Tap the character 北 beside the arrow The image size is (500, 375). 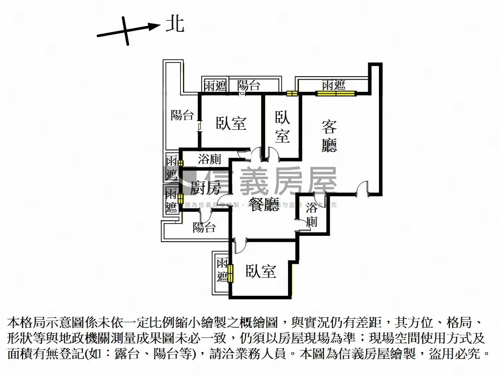click(x=174, y=23)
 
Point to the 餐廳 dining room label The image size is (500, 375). click(x=265, y=206)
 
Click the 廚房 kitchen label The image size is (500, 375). click(x=205, y=187)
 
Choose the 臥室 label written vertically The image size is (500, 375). click(x=282, y=126)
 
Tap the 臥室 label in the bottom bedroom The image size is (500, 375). click(x=261, y=271)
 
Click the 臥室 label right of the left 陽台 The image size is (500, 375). click(x=231, y=124)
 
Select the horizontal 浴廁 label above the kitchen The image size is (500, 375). click(x=210, y=159)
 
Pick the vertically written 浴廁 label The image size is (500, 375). click(x=312, y=215)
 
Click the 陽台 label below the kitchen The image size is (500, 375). click(x=204, y=227)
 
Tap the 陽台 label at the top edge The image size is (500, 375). click(x=249, y=86)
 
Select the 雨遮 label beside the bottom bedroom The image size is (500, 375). click(x=223, y=270)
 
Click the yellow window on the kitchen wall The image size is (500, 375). click(x=180, y=198)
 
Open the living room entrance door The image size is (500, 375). click(x=362, y=188)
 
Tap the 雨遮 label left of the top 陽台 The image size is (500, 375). click(x=215, y=86)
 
